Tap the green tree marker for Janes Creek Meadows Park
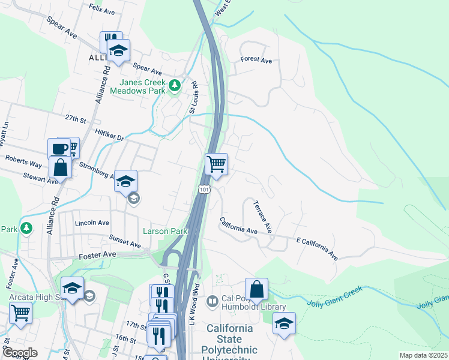tap(175, 86)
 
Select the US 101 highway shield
tap(204, 190)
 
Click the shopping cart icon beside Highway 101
tap(216, 163)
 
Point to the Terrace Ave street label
tap(264, 217)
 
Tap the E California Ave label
tap(317, 248)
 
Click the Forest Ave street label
tap(256, 60)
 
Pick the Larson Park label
tap(165, 231)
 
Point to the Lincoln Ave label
tap(91, 223)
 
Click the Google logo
tap(20, 353)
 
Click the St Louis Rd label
tap(193, 97)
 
